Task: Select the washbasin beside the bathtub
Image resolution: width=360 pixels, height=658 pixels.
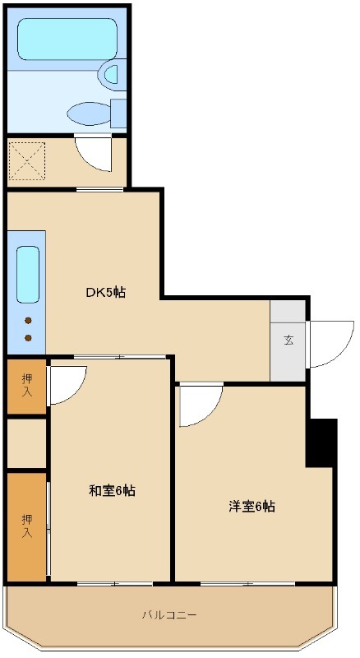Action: point(110,75)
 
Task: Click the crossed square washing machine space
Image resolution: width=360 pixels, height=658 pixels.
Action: point(26,161)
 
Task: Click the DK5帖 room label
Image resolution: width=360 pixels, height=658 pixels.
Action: point(106,292)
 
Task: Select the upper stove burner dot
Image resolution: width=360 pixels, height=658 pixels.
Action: point(28,321)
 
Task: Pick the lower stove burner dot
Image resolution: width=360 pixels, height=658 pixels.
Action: point(28,337)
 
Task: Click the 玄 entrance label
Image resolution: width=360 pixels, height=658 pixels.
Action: point(288,341)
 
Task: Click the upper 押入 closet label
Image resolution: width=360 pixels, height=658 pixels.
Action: point(27,385)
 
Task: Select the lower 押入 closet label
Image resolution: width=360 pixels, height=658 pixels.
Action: point(27,526)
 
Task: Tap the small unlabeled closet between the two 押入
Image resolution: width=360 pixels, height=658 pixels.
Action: point(26,443)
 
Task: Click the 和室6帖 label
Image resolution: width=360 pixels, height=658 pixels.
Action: point(112,491)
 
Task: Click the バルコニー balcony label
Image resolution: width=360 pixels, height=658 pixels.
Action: point(168,614)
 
